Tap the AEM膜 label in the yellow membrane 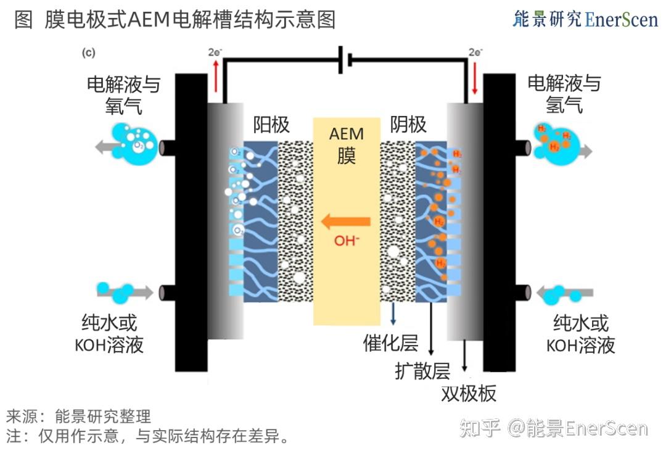(x=347, y=144)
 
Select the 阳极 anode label (x=271, y=125)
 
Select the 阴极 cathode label (x=408, y=125)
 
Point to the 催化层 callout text (x=390, y=342)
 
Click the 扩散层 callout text (x=422, y=370)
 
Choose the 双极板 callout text (x=469, y=393)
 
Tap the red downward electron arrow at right (x=474, y=78)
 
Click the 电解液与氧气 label (x=123, y=94)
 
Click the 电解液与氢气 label (x=564, y=94)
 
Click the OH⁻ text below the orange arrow (x=346, y=241)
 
